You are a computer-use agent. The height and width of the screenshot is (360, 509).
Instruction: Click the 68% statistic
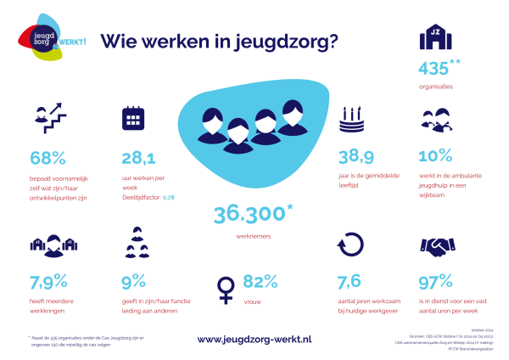coord(48,158)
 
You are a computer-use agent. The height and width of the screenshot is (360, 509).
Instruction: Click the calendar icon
coord(134,118)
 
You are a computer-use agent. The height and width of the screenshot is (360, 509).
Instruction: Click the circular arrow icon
coord(350,245)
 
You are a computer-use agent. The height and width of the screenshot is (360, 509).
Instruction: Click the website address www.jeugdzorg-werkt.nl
coord(255,339)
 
